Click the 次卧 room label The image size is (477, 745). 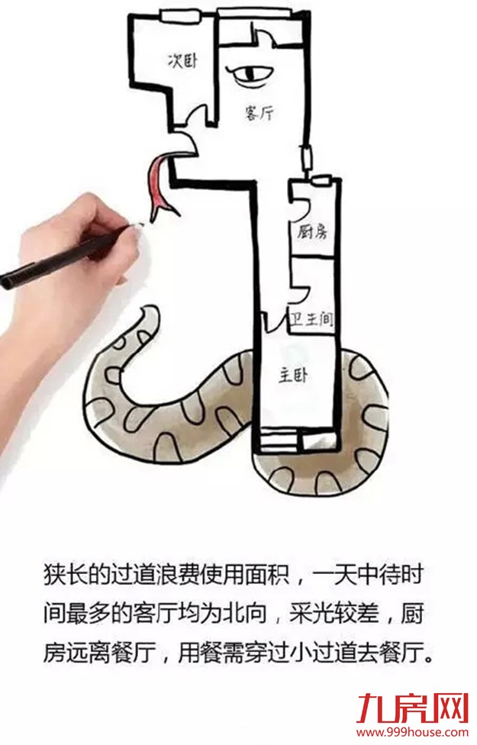[x=182, y=61]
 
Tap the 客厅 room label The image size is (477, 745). [x=259, y=113]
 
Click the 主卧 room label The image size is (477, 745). [x=293, y=377]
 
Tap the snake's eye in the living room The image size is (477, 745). [x=251, y=75]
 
